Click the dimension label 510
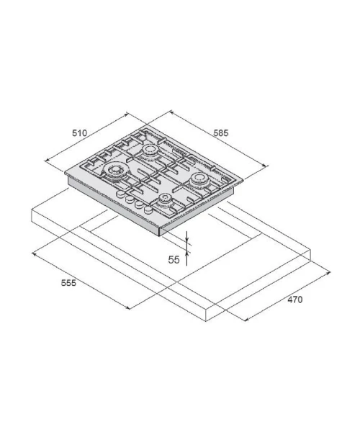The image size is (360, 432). [79, 133]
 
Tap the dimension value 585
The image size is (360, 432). [221, 133]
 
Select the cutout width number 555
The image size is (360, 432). [68, 283]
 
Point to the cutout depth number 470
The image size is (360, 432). [295, 300]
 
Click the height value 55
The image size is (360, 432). [174, 260]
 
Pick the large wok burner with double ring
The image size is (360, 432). [114, 171]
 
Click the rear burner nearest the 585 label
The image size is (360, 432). [150, 150]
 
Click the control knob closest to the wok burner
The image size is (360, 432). [120, 194]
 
